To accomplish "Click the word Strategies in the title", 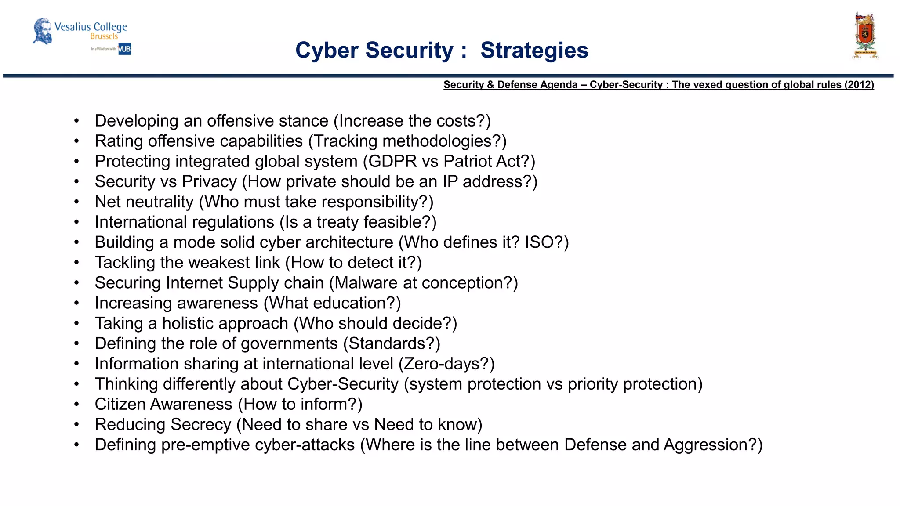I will [x=534, y=50].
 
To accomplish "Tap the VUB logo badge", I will [x=124, y=49].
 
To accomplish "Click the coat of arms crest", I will [x=865, y=36].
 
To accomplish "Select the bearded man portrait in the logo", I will [x=43, y=31].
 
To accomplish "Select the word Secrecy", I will [x=200, y=424].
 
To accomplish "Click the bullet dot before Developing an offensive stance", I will [x=76, y=121].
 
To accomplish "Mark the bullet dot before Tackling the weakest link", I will [x=76, y=263].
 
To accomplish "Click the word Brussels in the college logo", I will [x=104, y=36].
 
